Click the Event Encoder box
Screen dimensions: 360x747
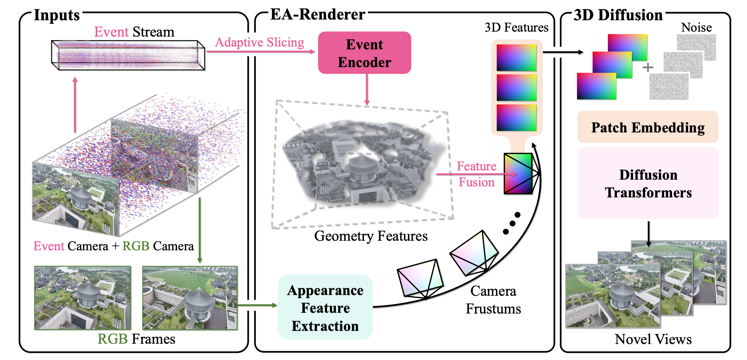coord(364,53)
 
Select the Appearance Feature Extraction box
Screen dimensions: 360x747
coord(325,307)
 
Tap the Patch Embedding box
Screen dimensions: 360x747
coord(648,127)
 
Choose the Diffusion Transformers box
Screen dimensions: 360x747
coord(648,183)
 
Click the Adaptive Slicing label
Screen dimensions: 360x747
coord(260,42)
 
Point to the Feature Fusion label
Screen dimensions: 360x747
coord(476,174)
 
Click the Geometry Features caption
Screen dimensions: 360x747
coord(371,236)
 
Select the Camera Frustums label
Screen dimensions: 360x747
coord(493,300)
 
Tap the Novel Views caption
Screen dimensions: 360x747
coord(653,339)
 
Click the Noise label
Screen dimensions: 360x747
coord(696,27)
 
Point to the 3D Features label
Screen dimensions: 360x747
coord(516,27)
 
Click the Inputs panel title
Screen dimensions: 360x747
coord(57,15)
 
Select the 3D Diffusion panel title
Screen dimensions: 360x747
coord(618,15)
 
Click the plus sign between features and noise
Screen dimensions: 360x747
coord(648,67)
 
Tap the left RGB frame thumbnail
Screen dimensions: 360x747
coord(83,298)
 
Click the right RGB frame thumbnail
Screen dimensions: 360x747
coord(190,298)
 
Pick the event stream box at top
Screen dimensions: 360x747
coord(128,55)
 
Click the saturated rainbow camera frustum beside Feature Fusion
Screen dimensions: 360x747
coord(518,174)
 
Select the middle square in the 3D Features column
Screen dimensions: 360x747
coord(516,87)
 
